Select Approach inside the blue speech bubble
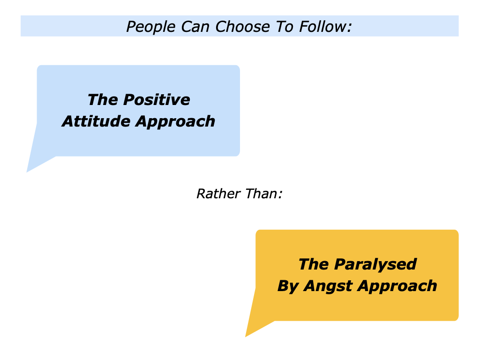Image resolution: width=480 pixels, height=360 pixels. coord(175,121)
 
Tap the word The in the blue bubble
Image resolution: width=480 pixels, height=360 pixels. coord(101,100)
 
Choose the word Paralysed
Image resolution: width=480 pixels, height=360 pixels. coord(375,264)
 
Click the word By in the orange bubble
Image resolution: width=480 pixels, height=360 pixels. coord(288,286)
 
